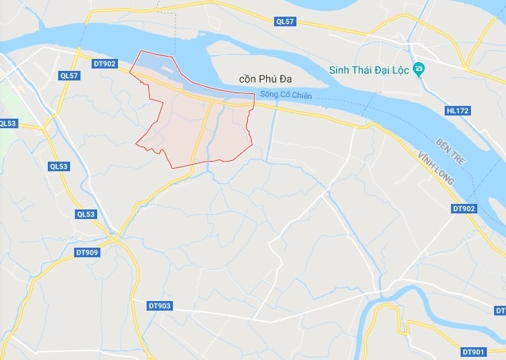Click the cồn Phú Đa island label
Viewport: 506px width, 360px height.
[x=267, y=80]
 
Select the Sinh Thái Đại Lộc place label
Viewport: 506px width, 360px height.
[x=369, y=71]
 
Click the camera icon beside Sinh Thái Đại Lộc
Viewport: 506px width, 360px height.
[x=418, y=71]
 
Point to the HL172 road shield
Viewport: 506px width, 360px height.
[x=458, y=111]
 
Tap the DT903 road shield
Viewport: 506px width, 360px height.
[x=160, y=305]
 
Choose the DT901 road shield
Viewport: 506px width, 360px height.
[x=473, y=351]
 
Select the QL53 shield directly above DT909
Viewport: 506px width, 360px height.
[x=86, y=214]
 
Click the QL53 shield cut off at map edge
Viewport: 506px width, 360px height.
[x=7, y=123]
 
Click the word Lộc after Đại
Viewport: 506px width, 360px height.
[x=398, y=71]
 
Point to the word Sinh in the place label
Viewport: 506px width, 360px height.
[x=340, y=71]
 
